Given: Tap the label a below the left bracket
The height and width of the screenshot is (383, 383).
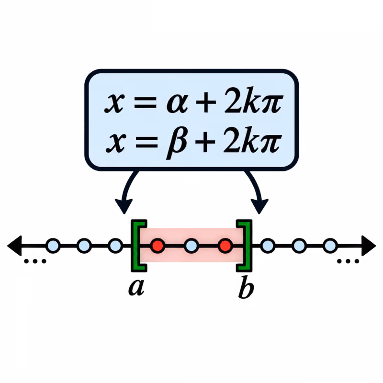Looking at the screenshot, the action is coord(136,287).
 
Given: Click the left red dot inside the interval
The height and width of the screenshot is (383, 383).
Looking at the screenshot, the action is coord(158,246).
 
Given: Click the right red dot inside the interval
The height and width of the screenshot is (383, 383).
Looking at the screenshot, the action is coord(225,246).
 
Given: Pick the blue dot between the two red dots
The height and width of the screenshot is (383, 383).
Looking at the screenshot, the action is coord(191,246).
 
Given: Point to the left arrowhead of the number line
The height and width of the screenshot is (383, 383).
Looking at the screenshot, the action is coord(14,246).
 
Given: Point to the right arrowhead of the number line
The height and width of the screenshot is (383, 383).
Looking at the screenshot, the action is coord(369,246).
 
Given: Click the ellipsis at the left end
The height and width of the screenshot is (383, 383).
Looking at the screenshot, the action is coord(35,261).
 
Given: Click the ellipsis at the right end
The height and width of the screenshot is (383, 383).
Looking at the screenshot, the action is coord(348,261).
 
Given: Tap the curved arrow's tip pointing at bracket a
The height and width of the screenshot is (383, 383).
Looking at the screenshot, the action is coord(124,214).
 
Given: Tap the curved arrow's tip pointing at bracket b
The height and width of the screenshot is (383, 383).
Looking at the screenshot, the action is coord(259,214).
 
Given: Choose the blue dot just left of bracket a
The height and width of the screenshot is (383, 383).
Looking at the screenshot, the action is coord(115,246).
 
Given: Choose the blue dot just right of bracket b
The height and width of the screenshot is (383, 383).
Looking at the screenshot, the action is coord(268,246).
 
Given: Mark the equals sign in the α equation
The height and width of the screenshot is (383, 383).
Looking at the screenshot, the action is coord(146,102).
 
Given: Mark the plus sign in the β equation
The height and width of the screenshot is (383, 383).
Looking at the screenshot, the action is coord(205,142).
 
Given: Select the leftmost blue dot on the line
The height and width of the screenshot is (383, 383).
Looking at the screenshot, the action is coord(53,246).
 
